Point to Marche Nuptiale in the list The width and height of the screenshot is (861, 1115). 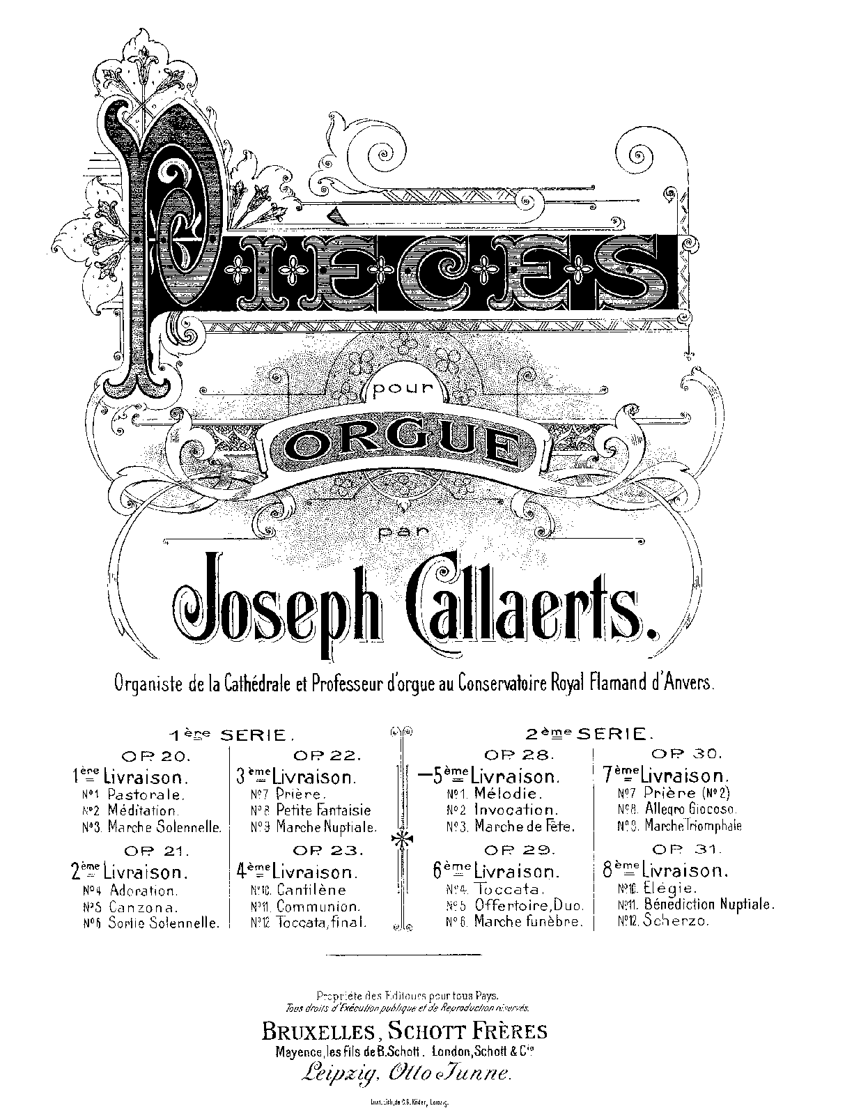[x=326, y=827]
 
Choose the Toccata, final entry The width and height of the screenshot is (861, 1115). [x=321, y=922]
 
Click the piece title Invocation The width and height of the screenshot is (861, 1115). [x=516, y=810]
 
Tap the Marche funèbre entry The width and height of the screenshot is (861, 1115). [x=527, y=921]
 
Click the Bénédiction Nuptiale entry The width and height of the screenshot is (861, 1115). [x=708, y=905]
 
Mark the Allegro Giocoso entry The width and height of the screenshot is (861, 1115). [x=690, y=809]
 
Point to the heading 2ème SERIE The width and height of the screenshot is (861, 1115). [x=589, y=733]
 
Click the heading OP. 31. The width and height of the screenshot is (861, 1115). [x=678, y=850]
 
